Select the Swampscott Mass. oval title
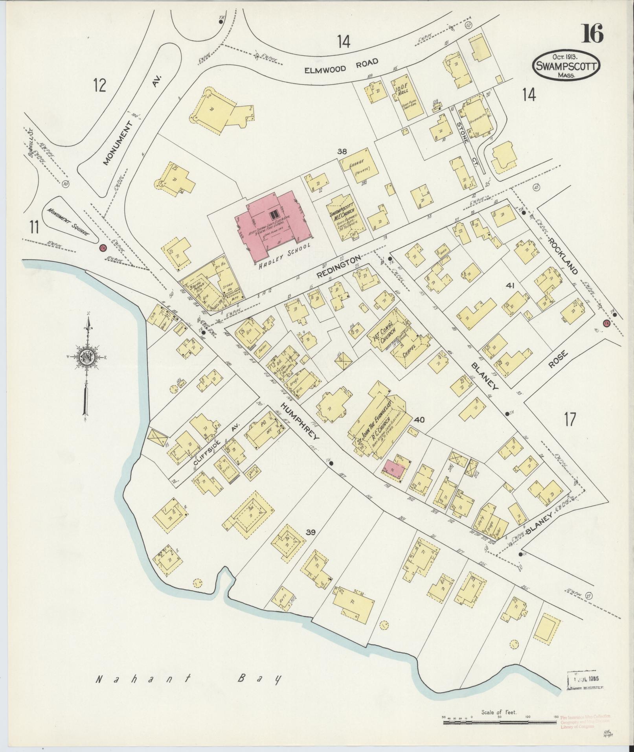(x=566, y=66)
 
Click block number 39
(x=311, y=532)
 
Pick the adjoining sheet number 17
(x=570, y=419)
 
